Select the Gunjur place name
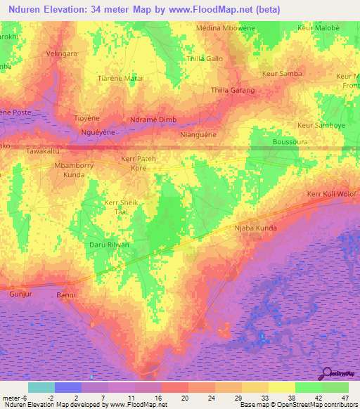22,294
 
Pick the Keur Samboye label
321,125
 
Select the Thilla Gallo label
205,59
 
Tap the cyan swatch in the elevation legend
41,387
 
